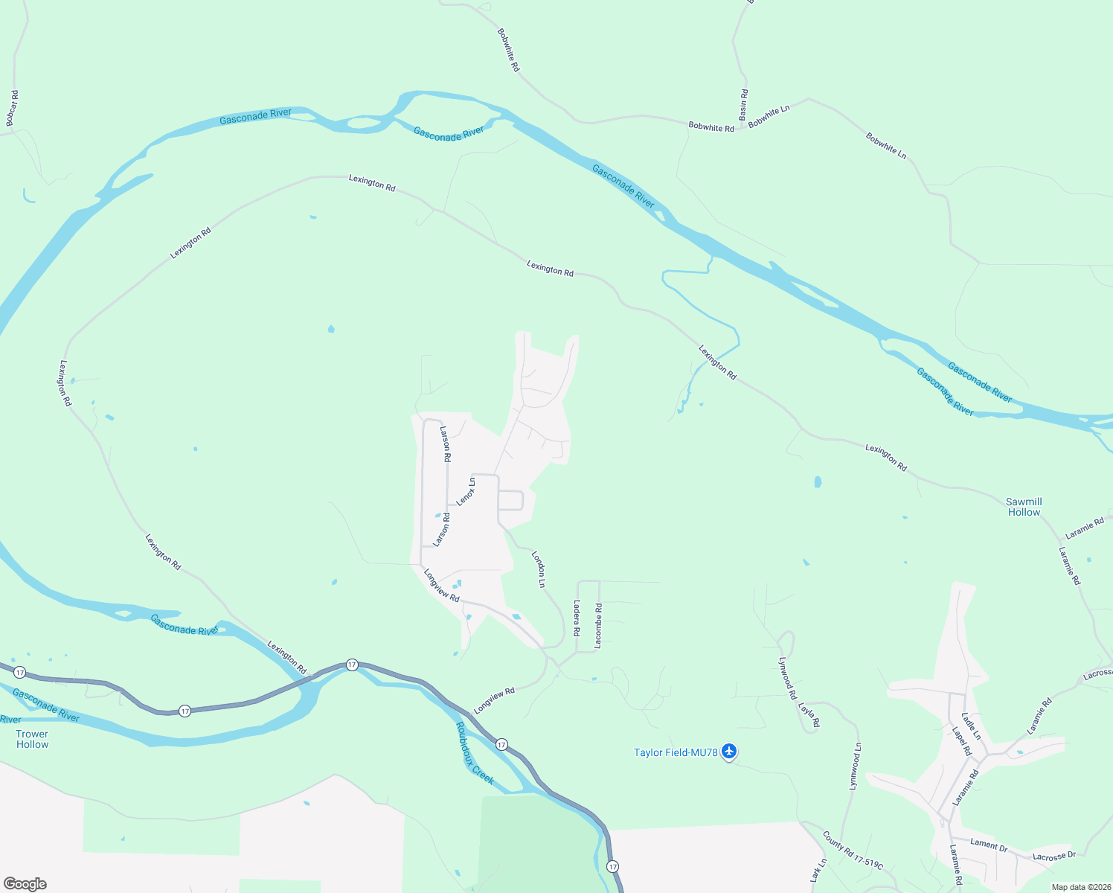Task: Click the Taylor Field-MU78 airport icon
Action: point(729,752)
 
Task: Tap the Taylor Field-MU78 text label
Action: point(675,752)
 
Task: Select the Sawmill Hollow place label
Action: point(1024,507)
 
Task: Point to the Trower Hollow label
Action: point(32,739)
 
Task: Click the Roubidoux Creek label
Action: point(475,753)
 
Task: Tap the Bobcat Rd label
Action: point(11,109)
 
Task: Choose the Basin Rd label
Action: point(743,105)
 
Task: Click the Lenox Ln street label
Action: point(466,492)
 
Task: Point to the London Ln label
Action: point(539,569)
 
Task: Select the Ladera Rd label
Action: point(577,618)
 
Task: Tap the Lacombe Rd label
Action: point(599,626)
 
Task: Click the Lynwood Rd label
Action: point(787,677)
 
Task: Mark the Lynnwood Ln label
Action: point(856,766)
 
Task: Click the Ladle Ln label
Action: point(971,726)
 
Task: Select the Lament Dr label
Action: point(989,845)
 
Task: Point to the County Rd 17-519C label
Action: point(853,851)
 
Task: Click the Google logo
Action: point(25,884)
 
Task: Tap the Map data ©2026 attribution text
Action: point(1080,887)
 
